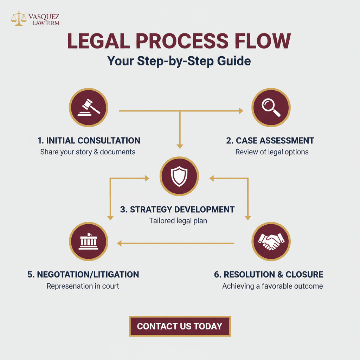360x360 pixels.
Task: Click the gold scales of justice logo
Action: [x=19, y=18]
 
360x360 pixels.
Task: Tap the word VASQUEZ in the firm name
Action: [x=44, y=17]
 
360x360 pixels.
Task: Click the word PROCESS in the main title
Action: [x=182, y=41]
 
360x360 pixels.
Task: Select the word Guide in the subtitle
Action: [x=234, y=61]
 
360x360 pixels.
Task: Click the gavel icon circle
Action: [x=89, y=108]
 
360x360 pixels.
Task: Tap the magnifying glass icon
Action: [x=271, y=108]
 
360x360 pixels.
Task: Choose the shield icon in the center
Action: [x=179, y=176]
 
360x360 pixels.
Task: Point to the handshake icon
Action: [x=271, y=242]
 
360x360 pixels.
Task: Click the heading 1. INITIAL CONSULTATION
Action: [x=89, y=141]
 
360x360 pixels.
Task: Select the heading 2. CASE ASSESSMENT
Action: [x=270, y=141]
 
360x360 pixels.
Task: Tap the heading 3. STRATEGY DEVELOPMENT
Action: [x=177, y=210]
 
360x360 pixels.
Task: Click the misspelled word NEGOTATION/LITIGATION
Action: [x=88, y=275]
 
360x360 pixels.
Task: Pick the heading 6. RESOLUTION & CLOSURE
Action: [x=269, y=275]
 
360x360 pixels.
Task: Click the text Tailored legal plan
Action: [x=178, y=221]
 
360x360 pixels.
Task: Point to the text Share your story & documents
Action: [x=88, y=152]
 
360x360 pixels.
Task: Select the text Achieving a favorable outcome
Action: [x=272, y=286]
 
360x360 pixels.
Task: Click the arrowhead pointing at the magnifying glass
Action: [x=241, y=111]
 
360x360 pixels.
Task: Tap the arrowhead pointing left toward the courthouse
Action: [x=120, y=243]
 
